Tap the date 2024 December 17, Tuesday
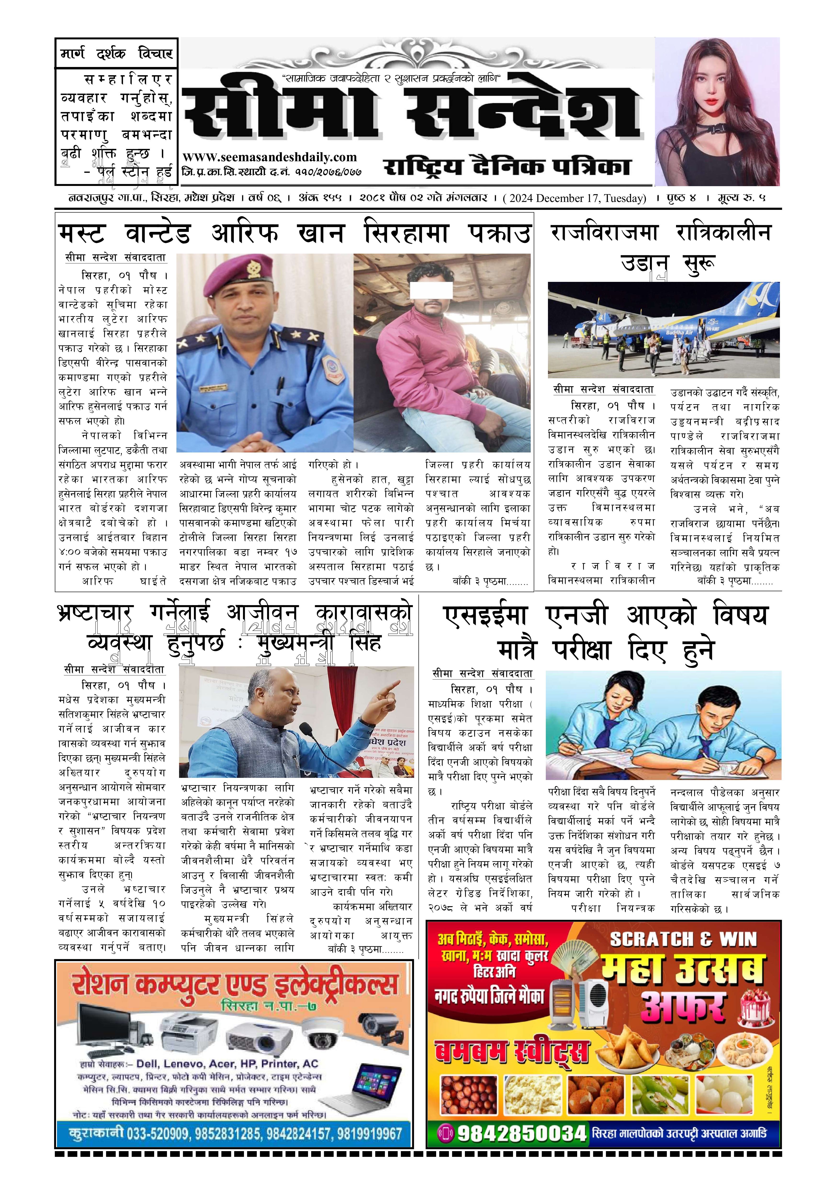pyautogui.click(x=574, y=198)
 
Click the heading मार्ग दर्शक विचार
pyautogui.click(x=116, y=53)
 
